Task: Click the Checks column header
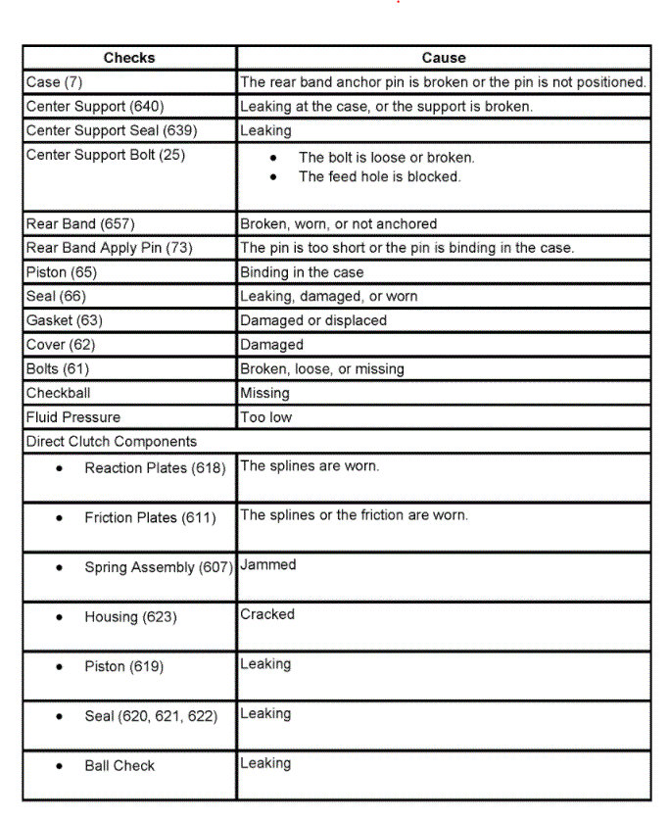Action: pos(129,58)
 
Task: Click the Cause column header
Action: pos(444,58)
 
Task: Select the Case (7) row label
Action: pos(55,82)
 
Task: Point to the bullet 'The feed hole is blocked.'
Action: pos(379,177)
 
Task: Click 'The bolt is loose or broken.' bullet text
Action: pos(386,157)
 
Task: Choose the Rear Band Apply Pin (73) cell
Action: pos(110,248)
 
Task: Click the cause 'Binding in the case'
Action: pos(302,272)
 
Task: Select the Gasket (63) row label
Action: pos(65,320)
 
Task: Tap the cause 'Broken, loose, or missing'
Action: pos(322,369)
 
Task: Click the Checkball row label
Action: pos(61,393)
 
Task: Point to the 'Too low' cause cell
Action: pos(266,417)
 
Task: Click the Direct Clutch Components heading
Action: pos(112,442)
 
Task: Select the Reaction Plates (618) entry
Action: pos(149,468)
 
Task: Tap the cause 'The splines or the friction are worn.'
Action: pos(355,515)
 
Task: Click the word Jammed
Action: pos(268,565)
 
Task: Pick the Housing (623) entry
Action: pos(130,617)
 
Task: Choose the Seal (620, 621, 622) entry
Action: pos(149,716)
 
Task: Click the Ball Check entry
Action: pos(119,766)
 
